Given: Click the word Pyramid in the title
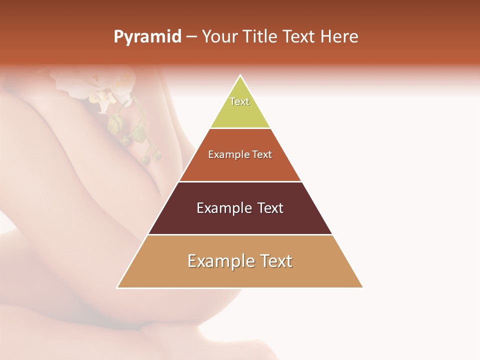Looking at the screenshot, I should tap(147, 37).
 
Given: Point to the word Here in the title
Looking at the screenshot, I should tap(339, 37).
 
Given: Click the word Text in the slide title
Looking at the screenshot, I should tap(299, 37).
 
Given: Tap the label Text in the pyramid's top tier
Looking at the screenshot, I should tap(239, 101).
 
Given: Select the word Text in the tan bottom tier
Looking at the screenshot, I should tap(275, 261).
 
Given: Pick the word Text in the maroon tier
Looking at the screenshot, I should tap(270, 208).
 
